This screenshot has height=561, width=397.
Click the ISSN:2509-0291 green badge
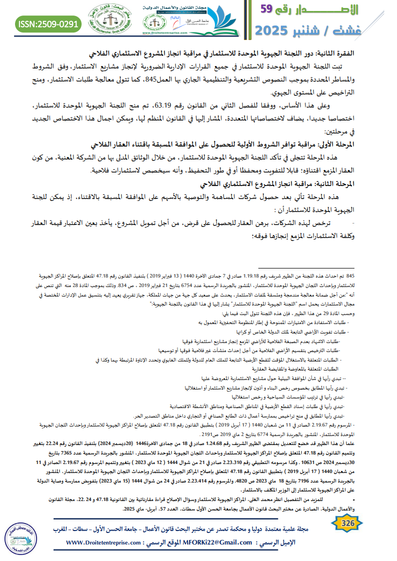(x=49, y=23)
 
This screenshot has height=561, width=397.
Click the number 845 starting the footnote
(x=350, y=275)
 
